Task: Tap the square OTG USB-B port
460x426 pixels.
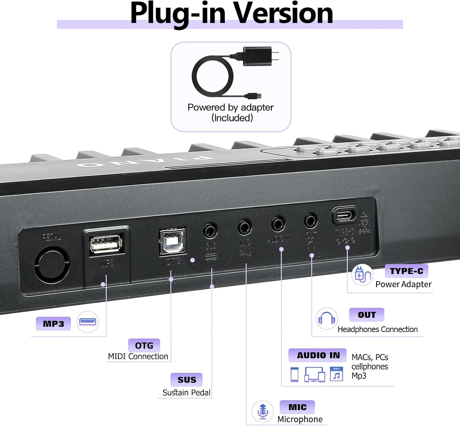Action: click(x=172, y=242)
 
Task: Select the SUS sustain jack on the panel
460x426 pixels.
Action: click(x=210, y=230)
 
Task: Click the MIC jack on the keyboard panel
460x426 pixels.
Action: click(x=244, y=227)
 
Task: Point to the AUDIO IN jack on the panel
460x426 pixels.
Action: click(x=278, y=224)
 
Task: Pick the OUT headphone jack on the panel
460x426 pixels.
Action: click(x=311, y=220)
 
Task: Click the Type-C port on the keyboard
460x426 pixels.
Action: click(x=345, y=215)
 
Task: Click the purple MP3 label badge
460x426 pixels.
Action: click(x=53, y=324)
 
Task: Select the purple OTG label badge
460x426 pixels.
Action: click(x=144, y=345)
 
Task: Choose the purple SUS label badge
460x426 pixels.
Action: click(x=186, y=380)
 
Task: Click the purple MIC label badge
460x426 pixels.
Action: click(x=297, y=407)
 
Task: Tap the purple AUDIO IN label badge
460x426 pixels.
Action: click(x=318, y=355)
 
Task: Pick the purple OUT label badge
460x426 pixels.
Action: click(x=366, y=315)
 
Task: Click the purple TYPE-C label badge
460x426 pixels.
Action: click(x=406, y=271)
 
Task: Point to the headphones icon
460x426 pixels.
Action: click(x=327, y=319)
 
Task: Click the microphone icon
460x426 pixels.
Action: click(x=263, y=411)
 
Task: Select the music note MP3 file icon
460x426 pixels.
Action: click(x=336, y=374)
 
